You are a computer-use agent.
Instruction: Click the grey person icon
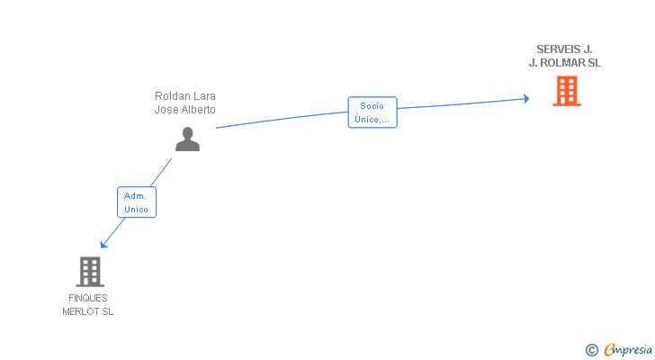click(x=187, y=139)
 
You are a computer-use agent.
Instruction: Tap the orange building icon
click(x=566, y=91)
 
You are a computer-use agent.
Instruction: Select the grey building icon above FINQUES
click(x=89, y=271)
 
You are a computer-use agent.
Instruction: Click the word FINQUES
click(x=88, y=298)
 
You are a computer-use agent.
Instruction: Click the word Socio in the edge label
click(x=372, y=105)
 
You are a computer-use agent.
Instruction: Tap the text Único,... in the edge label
click(x=372, y=119)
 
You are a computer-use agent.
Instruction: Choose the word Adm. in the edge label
click(x=136, y=195)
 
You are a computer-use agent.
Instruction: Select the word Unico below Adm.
click(x=136, y=209)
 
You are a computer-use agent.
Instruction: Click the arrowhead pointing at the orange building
click(x=526, y=99)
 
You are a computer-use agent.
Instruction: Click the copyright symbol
click(x=591, y=350)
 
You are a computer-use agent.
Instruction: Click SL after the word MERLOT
click(x=107, y=311)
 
